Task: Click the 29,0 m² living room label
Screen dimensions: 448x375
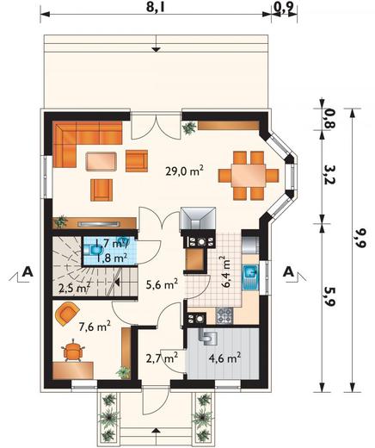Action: tap(184, 171)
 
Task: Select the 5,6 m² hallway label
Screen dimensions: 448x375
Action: tap(161, 283)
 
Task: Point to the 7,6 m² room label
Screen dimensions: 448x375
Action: tap(95, 326)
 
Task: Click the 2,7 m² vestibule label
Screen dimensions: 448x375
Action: tap(162, 356)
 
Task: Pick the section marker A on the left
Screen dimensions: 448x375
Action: tap(28, 272)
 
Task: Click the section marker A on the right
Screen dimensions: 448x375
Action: tap(288, 272)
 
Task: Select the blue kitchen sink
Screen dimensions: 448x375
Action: tap(252, 277)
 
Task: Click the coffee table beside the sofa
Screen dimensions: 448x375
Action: tap(102, 159)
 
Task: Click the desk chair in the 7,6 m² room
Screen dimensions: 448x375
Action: tap(77, 349)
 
